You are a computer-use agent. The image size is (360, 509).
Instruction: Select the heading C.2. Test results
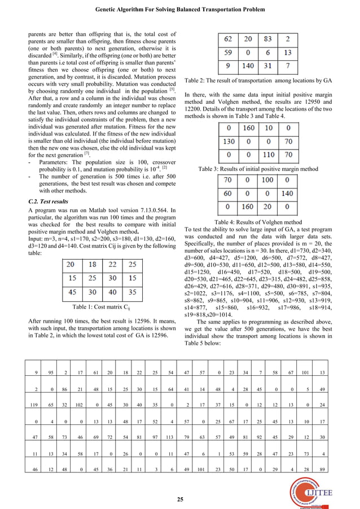pyautogui.click(x=48, y=201)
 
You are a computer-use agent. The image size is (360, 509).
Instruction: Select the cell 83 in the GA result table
pyautogui.click(x=269, y=39)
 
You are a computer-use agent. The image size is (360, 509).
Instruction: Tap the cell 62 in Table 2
pyautogui.click(x=229, y=39)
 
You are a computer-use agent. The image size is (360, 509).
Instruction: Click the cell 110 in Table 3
pyautogui.click(x=269, y=155)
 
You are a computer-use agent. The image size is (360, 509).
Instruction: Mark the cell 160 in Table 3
pyautogui.click(x=249, y=128)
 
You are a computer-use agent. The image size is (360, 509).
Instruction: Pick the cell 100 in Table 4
pyautogui.click(x=267, y=181)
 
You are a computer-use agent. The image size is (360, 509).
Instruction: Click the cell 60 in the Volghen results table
pyautogui.click(x=229, y=194)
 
